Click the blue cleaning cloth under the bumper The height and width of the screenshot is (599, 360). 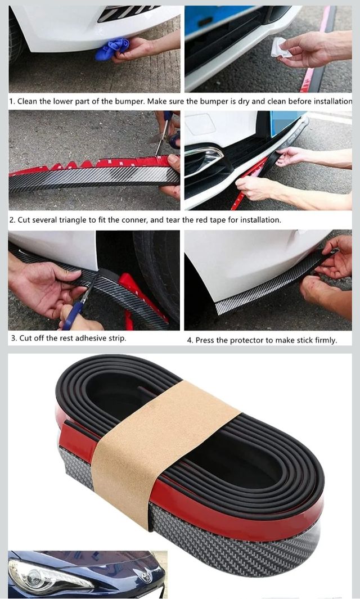tap(111, 49)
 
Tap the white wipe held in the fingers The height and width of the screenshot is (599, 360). tap(281, 47)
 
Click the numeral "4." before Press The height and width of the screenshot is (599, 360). tap(190, 340)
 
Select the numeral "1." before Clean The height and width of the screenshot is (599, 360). tap(12, 102)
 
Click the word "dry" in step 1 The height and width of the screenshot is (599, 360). tap(244, 102)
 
